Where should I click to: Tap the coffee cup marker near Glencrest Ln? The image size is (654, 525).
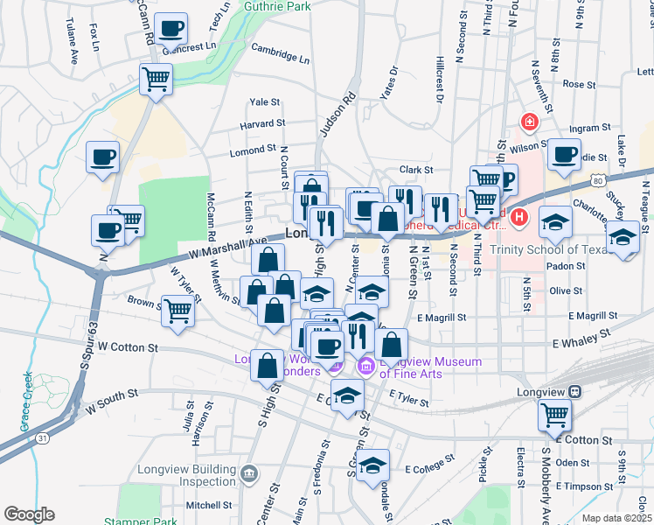[x=170, y=29]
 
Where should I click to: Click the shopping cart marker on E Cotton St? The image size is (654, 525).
[x=554, y=416]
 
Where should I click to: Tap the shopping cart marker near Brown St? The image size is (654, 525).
[x=178, y=310]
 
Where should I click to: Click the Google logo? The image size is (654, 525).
[x=29, y=514]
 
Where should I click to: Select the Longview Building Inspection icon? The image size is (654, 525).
[x=249, y=473]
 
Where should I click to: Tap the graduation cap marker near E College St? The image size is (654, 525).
[x=372, y=465]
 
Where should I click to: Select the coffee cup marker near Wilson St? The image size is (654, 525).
[x=564, y=155]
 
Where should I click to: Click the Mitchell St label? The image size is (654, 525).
[x=208, y=505]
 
